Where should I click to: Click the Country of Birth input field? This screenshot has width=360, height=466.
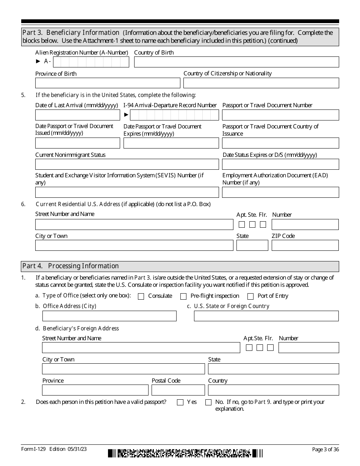236,62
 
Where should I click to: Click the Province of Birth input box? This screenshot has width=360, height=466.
108,83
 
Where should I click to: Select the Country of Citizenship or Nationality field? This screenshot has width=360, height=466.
261,83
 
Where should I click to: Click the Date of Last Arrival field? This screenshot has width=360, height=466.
78,115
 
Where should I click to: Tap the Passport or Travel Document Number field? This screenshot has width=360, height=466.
280,115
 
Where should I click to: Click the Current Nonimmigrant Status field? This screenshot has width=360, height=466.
127,164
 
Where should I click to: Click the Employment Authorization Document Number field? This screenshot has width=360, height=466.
280,192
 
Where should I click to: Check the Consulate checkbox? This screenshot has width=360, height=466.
141,296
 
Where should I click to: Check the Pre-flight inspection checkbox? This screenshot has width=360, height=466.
183,296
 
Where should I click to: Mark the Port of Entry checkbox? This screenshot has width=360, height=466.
250,296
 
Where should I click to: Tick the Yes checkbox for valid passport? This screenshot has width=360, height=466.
180,402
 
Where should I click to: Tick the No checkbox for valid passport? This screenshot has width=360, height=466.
208,402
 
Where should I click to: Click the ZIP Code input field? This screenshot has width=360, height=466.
305,246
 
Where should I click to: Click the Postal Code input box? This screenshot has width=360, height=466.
178,390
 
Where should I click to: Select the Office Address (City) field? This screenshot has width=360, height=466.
110,316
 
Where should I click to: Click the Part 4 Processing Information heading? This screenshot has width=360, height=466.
70,266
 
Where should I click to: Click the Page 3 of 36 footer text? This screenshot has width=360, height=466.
325,449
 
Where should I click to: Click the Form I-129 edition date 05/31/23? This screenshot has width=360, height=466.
78,449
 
